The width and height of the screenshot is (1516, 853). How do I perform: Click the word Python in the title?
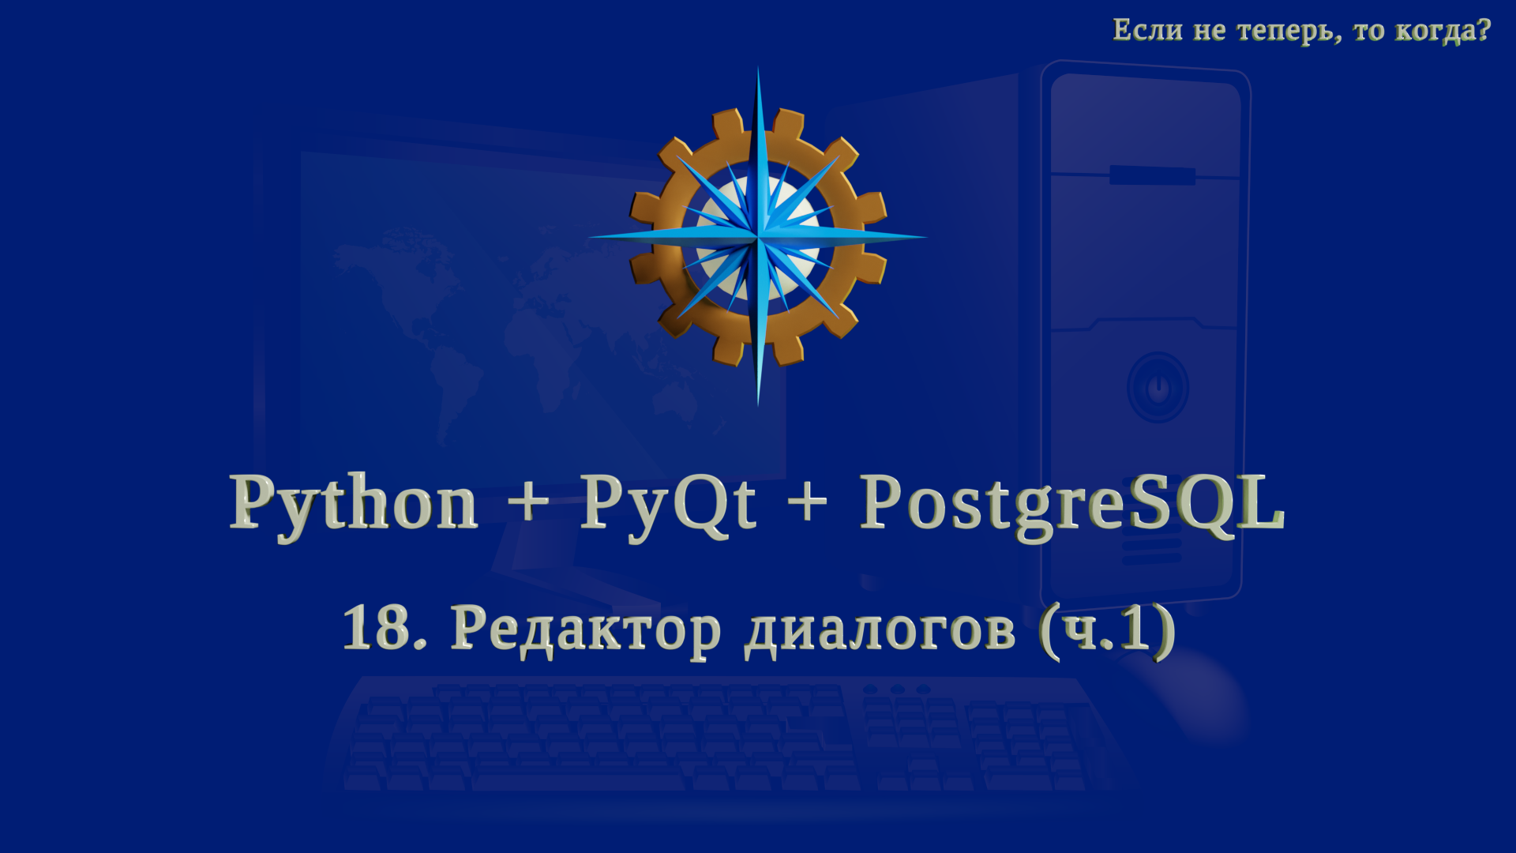(x=353, y=504)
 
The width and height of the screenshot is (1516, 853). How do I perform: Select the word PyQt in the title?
(x=668, y=504)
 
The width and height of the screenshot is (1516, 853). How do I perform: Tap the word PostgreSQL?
(x=1071, y=504)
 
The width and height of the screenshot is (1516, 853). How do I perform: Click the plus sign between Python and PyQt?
(x=528, y=501)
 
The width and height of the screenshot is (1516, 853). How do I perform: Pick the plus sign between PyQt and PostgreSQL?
(x=807, y=501)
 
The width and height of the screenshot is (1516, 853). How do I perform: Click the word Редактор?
(x=585, y=630)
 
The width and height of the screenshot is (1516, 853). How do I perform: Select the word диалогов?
(x=880, y=630)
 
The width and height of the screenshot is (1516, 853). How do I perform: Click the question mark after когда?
(x=1482, y=30)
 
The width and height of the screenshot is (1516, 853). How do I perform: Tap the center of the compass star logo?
(x=758, y=236)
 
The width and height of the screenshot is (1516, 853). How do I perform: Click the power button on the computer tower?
(x=1158, y=388)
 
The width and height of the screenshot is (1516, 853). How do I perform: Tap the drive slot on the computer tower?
(x=1151, y=175)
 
